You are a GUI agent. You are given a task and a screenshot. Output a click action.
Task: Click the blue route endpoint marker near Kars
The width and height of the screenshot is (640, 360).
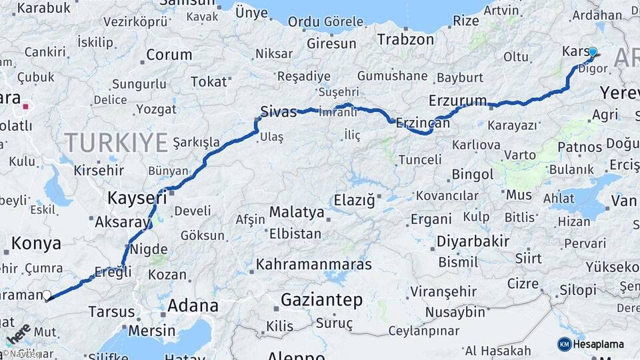[593, 52]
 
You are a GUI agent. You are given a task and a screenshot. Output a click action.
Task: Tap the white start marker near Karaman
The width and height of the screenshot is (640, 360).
[47, 295]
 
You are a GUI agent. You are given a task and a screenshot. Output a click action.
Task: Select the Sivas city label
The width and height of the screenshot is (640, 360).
[278, 112]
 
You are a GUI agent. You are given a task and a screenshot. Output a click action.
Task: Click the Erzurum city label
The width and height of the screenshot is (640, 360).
[458, 101]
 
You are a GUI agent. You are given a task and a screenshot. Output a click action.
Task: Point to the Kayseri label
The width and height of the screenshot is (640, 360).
[137, 197]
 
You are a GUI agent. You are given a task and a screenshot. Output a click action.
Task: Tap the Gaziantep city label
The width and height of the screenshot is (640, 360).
[321, 300]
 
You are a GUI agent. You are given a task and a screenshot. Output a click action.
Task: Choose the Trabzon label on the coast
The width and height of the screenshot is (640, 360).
[405, 39]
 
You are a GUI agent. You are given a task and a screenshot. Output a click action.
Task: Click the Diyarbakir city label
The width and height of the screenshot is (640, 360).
[473, 241]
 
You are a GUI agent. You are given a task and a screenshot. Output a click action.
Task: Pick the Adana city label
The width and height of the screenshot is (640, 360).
[193, 306]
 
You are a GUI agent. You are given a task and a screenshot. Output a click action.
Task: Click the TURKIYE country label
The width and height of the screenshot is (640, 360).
[116, 142]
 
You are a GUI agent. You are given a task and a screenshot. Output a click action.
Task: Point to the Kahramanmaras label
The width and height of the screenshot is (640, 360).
[313, 264]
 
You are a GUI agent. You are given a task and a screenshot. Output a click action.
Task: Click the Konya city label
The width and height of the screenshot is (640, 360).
[37, 244]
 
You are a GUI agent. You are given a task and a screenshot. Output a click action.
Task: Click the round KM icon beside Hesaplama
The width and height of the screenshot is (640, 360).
[565, 344]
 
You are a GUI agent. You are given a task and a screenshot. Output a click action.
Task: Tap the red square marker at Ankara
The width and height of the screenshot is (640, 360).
[25, 106]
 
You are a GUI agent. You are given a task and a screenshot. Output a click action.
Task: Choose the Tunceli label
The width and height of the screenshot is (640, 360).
[420, 159]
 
